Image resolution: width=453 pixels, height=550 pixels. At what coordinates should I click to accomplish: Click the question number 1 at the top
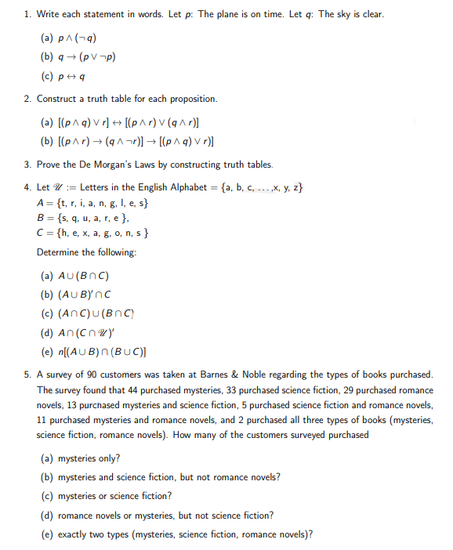click(27, 15)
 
